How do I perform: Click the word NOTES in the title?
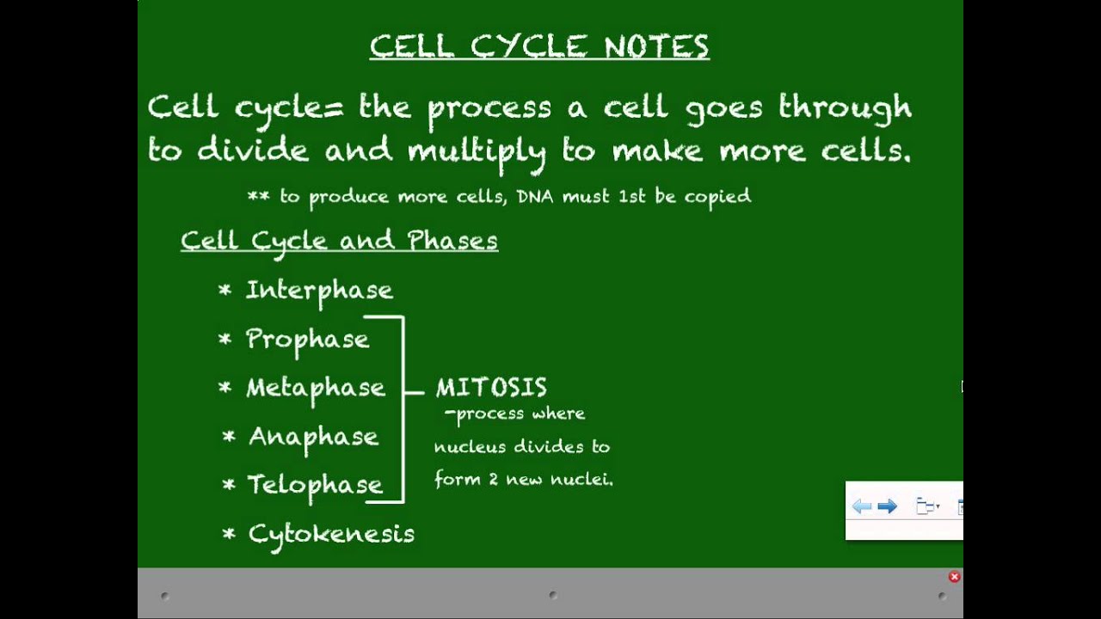656,46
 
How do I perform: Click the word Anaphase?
314,438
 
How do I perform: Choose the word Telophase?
315,487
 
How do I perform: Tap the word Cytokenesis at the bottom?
331,536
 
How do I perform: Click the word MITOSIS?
491,388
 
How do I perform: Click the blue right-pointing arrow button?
887,506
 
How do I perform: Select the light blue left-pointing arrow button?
862,506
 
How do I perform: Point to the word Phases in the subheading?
452,240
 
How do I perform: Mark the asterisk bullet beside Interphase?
225,290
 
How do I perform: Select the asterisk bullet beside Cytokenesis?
229,534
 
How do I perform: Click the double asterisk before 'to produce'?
259,197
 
